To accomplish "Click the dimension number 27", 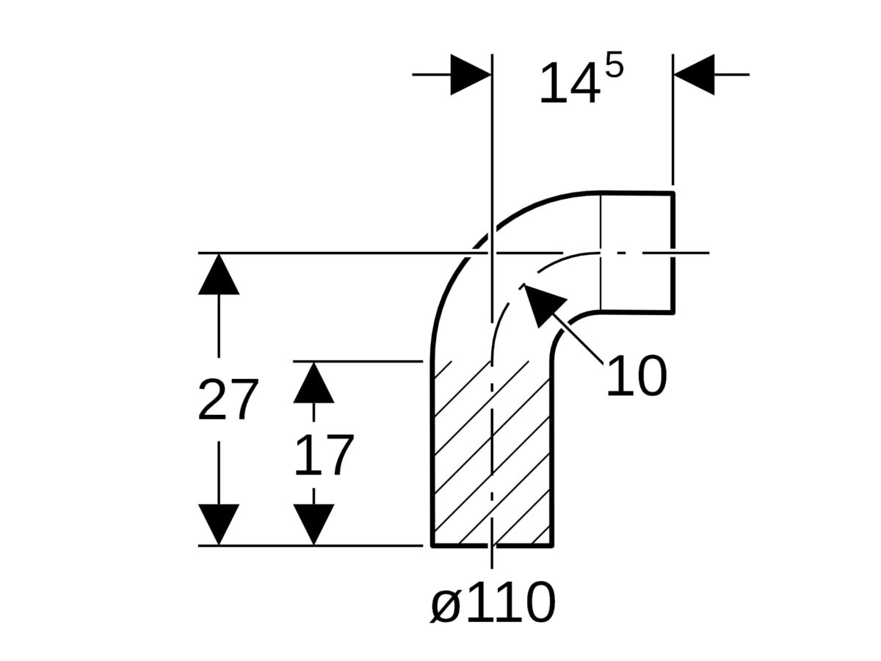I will [228, 401].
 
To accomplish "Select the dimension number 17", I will [324, 456].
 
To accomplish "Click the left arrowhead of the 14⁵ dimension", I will [470, 74].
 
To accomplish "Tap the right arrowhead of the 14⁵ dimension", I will [694, 74].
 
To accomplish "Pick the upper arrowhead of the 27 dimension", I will [219, 274].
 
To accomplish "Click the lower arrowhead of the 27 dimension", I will [219, 524].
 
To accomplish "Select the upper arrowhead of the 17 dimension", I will [313, 383].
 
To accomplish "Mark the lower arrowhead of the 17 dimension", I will [313, 524].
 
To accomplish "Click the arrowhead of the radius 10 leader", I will [542, 303].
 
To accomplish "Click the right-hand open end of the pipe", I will [672, 252].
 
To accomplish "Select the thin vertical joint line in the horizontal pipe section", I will [601, 252].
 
